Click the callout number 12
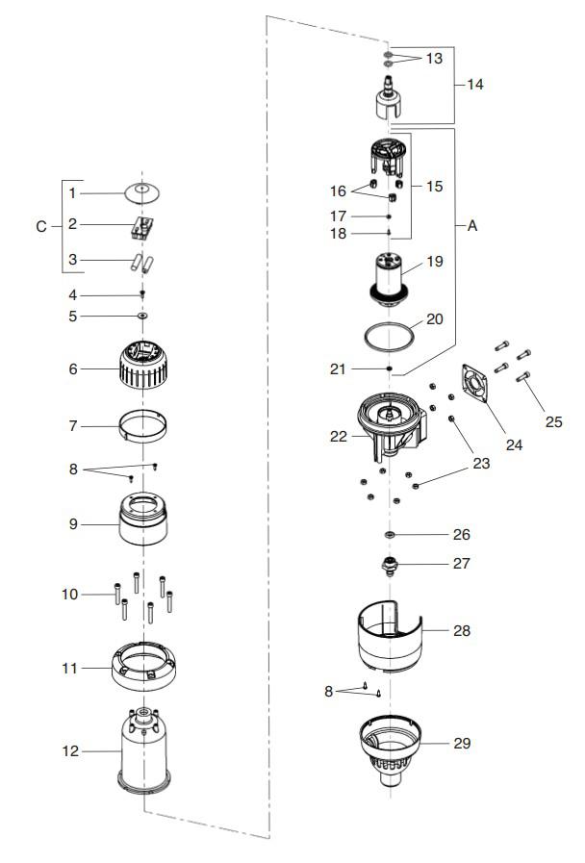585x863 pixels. tap(70, 750)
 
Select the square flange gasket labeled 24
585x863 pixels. tap(475, 383)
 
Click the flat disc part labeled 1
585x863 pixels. tap(142, 192)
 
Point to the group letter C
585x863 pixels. tap(40, 226)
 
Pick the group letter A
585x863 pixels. tap(471, 226)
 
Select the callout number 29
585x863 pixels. tap(462, 743)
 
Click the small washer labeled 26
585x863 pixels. tap(391, 534)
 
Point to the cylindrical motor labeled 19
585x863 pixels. tap(389, 278)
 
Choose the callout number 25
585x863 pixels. tap(553, 421)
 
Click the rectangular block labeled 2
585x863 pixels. tap(142, 227)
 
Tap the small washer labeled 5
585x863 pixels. tap(142, 316)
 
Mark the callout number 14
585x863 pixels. tap(475, 85)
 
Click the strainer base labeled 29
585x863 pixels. tap(391, 749)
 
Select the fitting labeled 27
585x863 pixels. tap(390, 566)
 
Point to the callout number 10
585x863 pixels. tap(70, 594)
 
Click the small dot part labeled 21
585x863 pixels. tap(389, 368)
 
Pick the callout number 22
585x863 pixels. tap(339, 437)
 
